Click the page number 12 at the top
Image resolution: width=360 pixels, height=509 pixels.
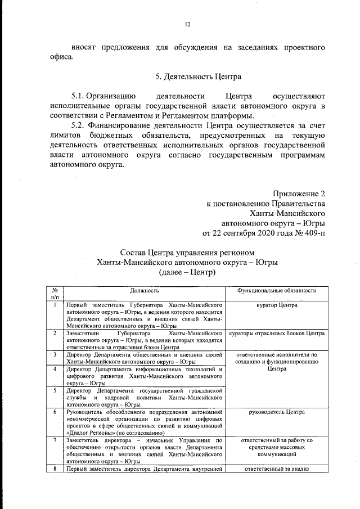click(x=188, y=24)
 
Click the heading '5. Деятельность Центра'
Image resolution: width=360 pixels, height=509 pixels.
click(x=187, y=75)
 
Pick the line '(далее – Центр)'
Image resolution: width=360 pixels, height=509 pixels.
click(x=187, y=272)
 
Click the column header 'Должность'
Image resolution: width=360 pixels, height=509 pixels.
click(x=145, y=290)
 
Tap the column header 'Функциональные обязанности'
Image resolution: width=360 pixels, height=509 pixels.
click(x=276, y=290)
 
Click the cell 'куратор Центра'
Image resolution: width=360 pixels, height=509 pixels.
click(x=276, y=305)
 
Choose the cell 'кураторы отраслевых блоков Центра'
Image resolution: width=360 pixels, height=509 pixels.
click(x=276, y=334)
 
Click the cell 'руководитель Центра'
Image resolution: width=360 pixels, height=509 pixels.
click(x=276, y=412)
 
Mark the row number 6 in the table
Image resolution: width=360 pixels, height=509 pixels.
click(x=55, y=412)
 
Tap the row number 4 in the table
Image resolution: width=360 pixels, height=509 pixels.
click(x=55, y=369)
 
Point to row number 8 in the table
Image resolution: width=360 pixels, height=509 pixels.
click(x=55, y=469)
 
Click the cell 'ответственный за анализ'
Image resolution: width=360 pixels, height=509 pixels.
click(x=276, y=469)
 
